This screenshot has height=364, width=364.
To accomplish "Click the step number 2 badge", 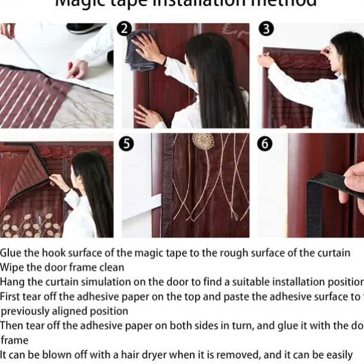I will (x=124, y=29).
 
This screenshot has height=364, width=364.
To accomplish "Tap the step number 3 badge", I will (x=266, y=29).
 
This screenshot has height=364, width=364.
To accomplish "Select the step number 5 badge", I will (x=126, y=144).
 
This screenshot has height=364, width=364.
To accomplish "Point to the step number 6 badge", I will (x=265, y=144).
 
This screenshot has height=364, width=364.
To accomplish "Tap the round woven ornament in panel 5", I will (x=203, y=141).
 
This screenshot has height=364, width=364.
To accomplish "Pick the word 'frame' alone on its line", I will (x=14, y=340).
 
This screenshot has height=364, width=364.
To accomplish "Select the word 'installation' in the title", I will (x=203, y=4).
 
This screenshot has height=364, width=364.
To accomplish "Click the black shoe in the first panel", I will (x=87, y=27).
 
